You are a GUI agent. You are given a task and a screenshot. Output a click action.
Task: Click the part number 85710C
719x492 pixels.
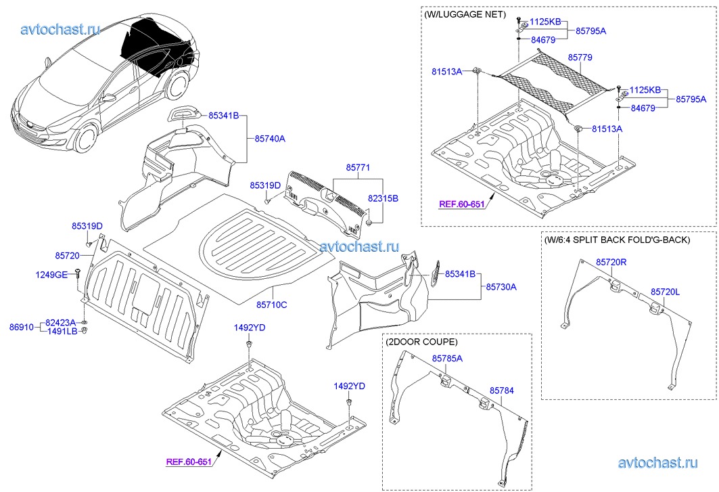click(271, 305)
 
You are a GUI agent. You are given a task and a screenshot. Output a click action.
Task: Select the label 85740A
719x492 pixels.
click(270, 139)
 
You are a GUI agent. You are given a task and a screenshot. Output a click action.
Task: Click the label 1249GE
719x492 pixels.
click(51, 274)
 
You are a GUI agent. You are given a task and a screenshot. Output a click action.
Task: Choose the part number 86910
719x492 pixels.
click(21, 327)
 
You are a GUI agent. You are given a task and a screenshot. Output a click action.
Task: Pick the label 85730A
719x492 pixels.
click(500, 287)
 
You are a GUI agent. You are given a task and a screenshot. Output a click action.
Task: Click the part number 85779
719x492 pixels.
click(581, 59)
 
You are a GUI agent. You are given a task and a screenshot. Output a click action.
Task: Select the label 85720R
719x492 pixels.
click(611, 261)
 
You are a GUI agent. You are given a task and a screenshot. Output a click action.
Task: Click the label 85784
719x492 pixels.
click(502, 390)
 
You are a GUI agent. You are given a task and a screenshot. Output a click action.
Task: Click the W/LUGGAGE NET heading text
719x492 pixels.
click(465, 14)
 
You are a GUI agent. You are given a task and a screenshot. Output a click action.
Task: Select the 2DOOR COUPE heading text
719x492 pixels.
click(421, 342)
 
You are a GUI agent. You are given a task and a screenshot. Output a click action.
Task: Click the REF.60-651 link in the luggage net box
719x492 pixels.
click(461, 204)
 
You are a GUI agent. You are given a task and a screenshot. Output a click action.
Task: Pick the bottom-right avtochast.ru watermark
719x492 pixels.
click(657, 462)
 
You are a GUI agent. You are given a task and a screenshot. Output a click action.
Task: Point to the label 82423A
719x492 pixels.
click(61, 323)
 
